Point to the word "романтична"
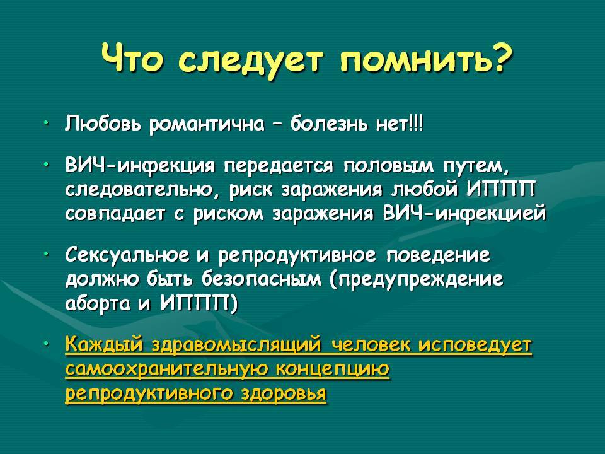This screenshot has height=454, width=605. pyautogui.click(x=207, y=125)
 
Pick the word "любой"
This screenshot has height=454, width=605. pyautogui.click(x=425, y=190)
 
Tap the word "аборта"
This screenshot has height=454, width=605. pyautogui.click(x=98, y=304)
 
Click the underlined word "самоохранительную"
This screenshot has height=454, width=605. pyautogui.click(x=167, y=370)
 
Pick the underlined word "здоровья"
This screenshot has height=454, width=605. pyautogui.click(x=284, y=393)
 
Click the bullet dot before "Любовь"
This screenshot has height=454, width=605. pyautogui.click(x=46, y=123)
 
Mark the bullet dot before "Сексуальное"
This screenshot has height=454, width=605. pyautogui.click(x=46, y=254)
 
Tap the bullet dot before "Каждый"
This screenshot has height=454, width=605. pyautogui.click(x=46, y=343)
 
